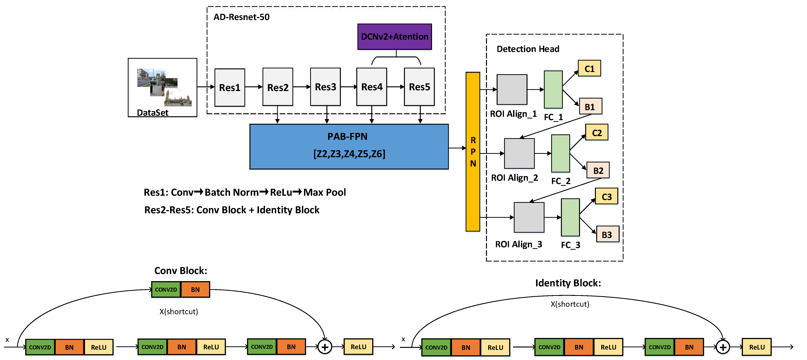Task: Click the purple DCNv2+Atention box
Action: [x=394, y=37]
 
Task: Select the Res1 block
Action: [x=230, y=87]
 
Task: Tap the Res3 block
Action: [x=325, y=87]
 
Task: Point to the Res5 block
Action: [x=419, y=87]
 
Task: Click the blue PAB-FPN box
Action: [x=349, y=146]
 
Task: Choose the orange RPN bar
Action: [x=473, y=152]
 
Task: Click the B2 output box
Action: [x=598, y=170]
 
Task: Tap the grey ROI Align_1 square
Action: [x=512, y=90]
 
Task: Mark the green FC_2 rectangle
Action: [x=560, y=153]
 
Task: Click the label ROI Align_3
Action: [x=519, y=244]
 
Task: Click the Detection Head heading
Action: [x=528, y=49]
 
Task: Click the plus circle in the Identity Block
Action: [x=723, y=347]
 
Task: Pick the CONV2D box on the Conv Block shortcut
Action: [x=166, y=290]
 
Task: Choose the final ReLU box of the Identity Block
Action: [x=757, y=347]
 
